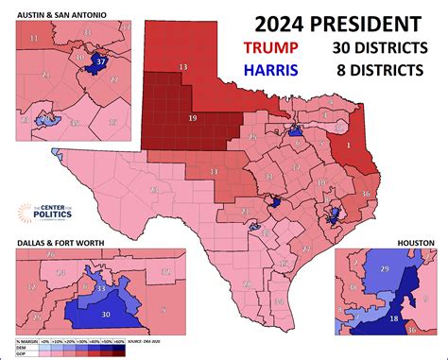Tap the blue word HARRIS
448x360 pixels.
(x=269, y=69)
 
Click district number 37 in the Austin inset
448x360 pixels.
(x=103, y=60)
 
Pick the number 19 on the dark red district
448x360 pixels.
(x=192, y=119)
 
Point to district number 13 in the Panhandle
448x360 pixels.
(x=182, y=65)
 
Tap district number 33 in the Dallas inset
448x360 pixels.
(x=101, y=288)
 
